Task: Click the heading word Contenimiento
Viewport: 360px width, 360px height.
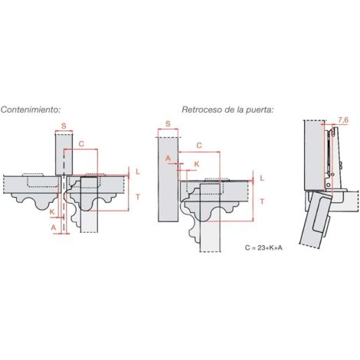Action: [31, 110]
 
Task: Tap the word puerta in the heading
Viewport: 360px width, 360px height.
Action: [260, 110]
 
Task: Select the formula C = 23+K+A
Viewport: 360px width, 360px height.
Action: [263, 247]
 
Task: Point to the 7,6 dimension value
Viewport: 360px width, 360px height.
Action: [343, 119]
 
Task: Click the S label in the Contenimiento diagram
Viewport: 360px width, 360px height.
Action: [64, 126]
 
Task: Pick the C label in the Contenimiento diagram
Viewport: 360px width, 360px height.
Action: [81, 144]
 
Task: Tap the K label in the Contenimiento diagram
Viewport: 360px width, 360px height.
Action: [52, 211]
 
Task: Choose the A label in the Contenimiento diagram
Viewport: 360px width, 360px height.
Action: [54, 227]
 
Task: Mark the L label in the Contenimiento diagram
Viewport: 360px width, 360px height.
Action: [138, 172]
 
